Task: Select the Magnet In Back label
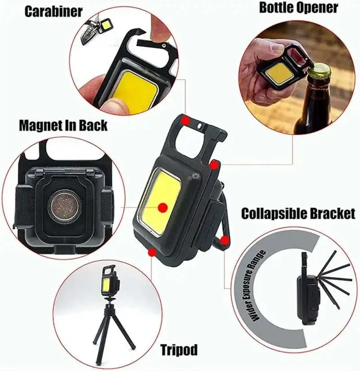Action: (x=63, y=125)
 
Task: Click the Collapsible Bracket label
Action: (x=298, y=213)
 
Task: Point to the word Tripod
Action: (x=179, y=349)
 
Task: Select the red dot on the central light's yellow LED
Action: (x=163, y=207)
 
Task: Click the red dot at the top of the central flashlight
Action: (x=185, y=121)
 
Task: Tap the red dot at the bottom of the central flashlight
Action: (x=152, y=252)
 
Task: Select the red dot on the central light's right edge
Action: (x=215, y=165)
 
